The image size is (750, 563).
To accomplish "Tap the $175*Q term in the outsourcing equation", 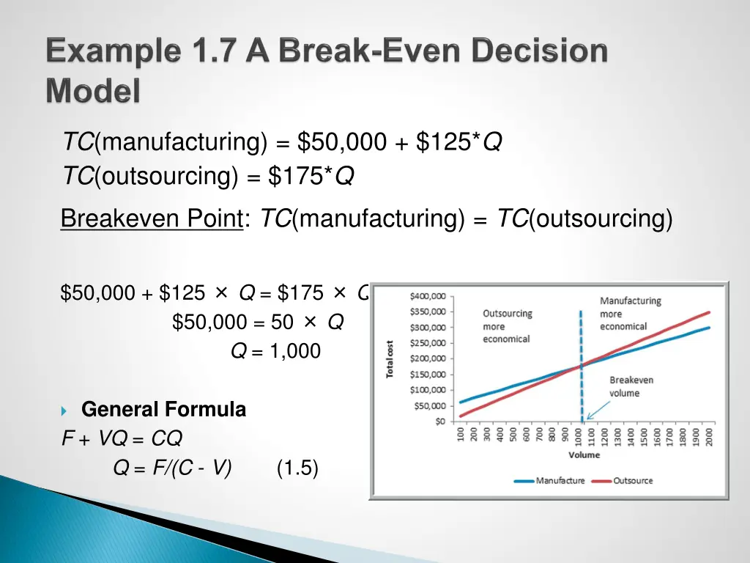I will click(x=311, y=177).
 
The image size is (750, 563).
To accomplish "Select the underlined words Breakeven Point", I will click(x=151, y=218).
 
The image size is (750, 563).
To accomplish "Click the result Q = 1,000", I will click(x=275, y=352).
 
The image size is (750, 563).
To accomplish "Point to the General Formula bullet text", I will click(x=163, y=410).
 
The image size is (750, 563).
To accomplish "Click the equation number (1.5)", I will click(x=297, y=468).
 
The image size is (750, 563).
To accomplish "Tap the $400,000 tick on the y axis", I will click(x=427, y=296).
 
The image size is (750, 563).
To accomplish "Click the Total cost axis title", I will click(x=390, y=358).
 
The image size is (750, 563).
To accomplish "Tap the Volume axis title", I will click(x=583, y=455).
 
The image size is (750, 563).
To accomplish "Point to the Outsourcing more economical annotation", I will click(x=506, y=326).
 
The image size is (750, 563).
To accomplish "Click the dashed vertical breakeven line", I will click(x=582, y=345).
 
